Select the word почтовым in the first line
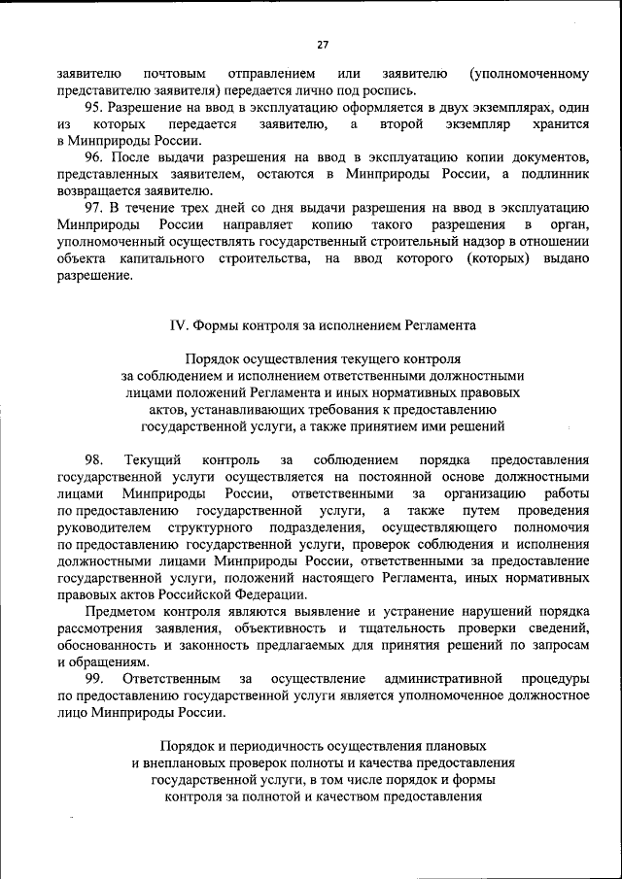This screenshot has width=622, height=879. [173, 73]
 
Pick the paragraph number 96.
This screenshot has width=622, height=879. [95, 158]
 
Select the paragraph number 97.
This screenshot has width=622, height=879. [95, 209]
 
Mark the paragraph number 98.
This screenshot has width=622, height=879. [94, 459]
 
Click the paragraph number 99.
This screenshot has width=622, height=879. [94, 679]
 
